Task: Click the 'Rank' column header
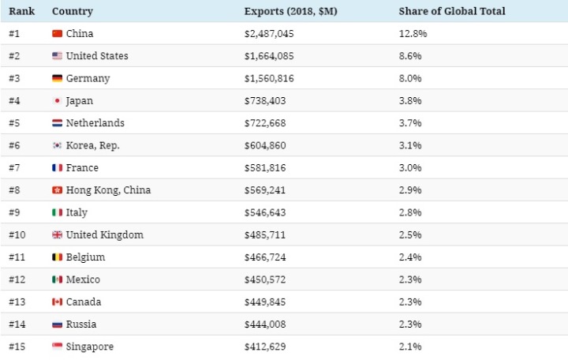click(21, 12)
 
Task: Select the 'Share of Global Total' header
click(452, 12)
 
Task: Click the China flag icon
click(57, 34)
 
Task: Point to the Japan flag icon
click(57, 101)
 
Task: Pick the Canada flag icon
click(57, 302)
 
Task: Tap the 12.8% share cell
click(413, 34)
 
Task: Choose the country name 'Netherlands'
click(95, 123)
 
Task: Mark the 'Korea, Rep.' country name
click(93, 146)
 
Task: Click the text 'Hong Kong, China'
click(108, 190)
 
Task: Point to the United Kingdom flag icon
click(57, 235)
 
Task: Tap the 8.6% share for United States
click(411, 56)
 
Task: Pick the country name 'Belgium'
click(85, 257)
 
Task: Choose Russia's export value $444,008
click(265, 324)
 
